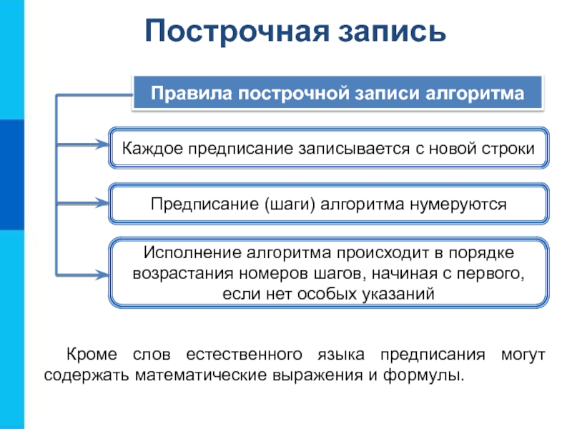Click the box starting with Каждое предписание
pyautogui.click(x=329, y=149)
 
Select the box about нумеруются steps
pyautogui.click(x=329, y=204)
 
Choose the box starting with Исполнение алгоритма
pyautogui.click(x=329, y=273)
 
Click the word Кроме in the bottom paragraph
pyautogui.click(x=88, y=355)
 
